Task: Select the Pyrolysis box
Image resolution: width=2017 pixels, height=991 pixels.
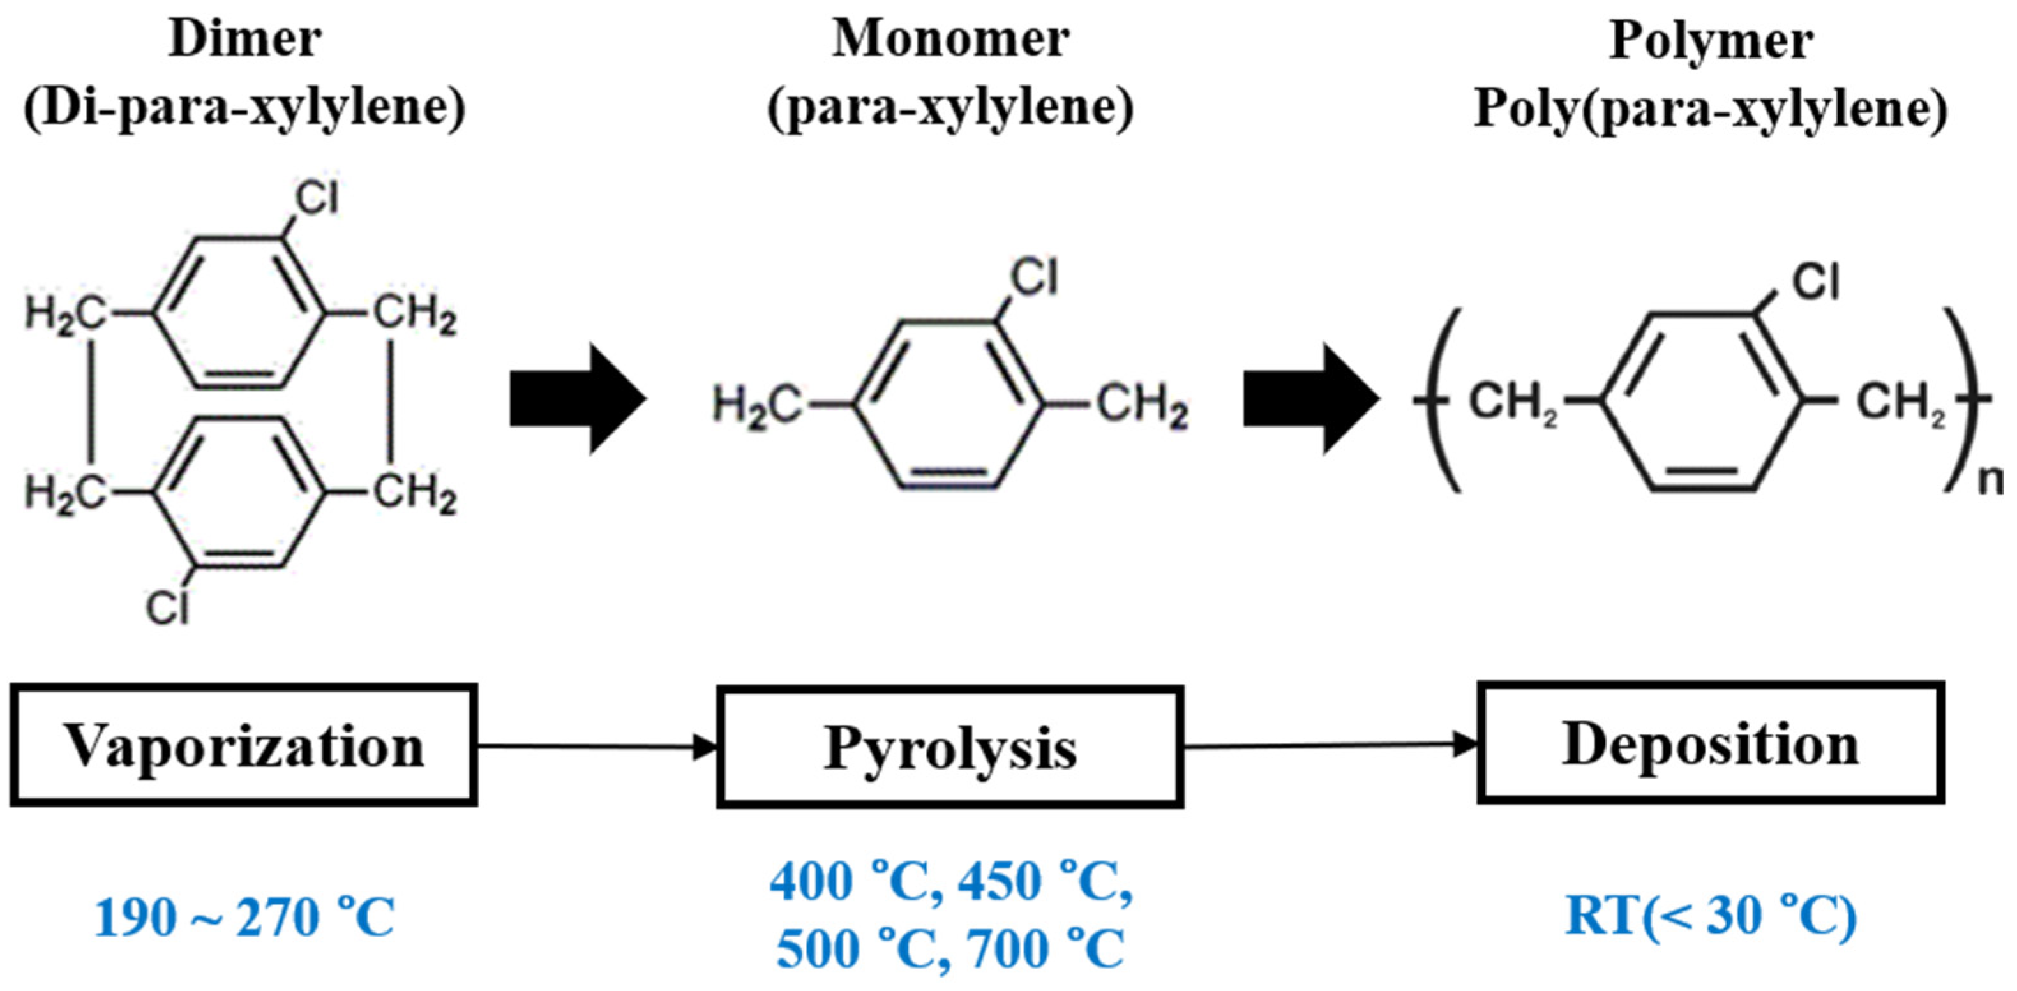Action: point(949,747)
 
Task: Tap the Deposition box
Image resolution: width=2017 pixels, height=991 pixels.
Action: point(1710,743)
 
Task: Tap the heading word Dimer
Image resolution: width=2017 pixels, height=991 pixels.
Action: point(244,39)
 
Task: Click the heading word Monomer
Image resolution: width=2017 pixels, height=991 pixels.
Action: point(950,39)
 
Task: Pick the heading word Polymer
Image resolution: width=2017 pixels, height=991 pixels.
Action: point(1711,41)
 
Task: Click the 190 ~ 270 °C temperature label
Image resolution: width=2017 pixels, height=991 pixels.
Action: point(244,918)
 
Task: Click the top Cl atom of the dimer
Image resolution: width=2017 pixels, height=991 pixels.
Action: point(317,197)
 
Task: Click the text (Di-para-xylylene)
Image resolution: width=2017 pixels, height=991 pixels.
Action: point(244,108)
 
